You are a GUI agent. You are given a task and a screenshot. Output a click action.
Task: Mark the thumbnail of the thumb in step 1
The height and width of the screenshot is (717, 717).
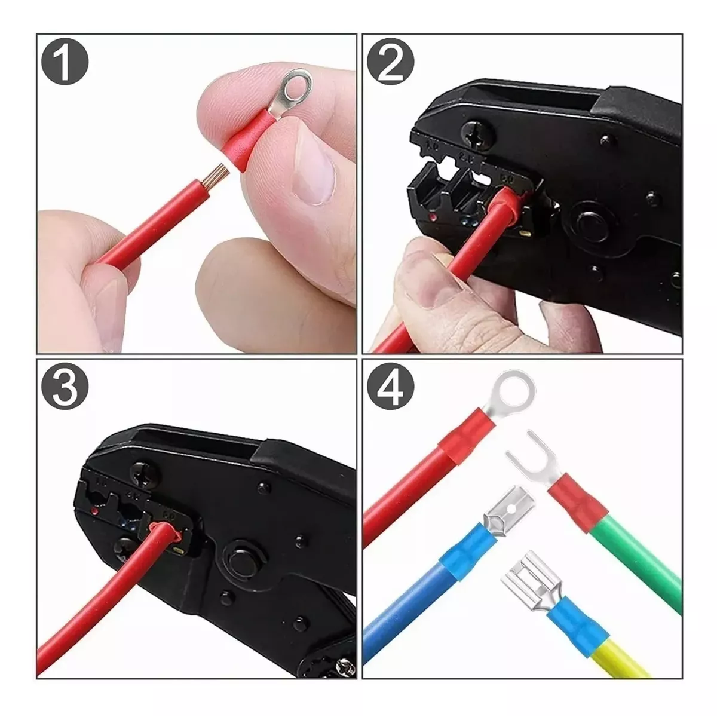(315, 169)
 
